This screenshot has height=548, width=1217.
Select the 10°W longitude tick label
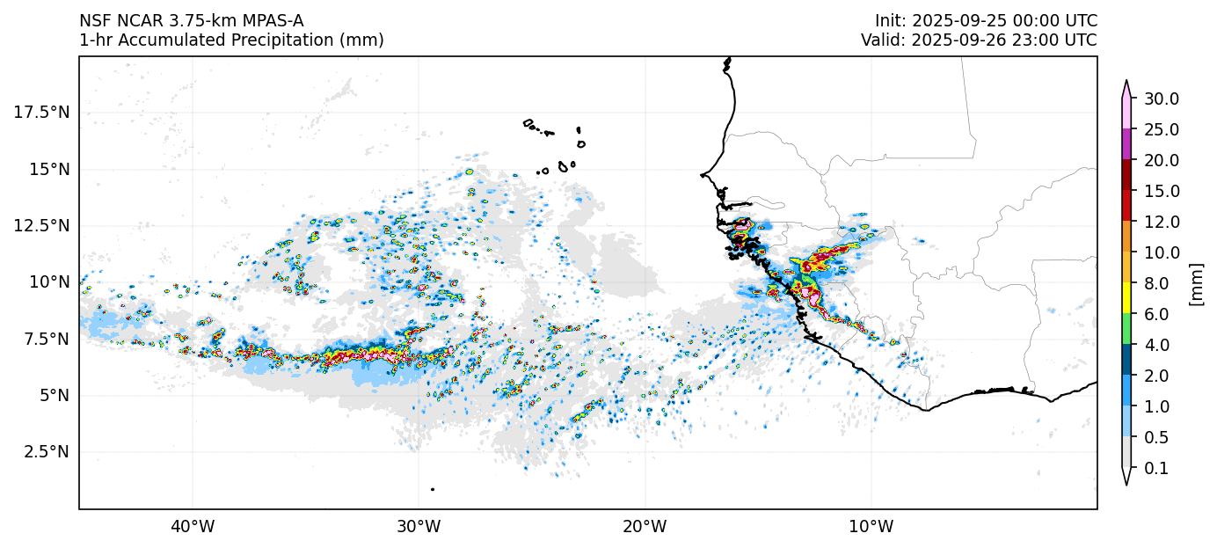[871, 527]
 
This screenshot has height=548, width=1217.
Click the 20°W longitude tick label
[645, 527]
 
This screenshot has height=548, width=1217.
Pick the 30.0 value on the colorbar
[1161, 99]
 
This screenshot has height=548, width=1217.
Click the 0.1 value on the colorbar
[1157, 468]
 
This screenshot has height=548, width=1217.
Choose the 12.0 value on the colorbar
[1161, 222]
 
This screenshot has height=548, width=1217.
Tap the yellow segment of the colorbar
[1126, 298]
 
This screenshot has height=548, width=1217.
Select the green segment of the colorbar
[1126, 329]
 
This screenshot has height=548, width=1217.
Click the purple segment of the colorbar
[1126, 144]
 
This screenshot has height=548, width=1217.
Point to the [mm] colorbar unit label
[1195, 283]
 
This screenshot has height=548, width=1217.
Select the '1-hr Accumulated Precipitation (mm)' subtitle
[231, 40]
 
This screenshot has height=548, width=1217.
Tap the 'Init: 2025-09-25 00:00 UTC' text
[986, 20]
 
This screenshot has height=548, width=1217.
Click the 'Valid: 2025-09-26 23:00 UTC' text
[979, 40]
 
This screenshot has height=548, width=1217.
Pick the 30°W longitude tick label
[419, 527]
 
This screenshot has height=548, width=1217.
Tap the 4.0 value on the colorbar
[1157, 345]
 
